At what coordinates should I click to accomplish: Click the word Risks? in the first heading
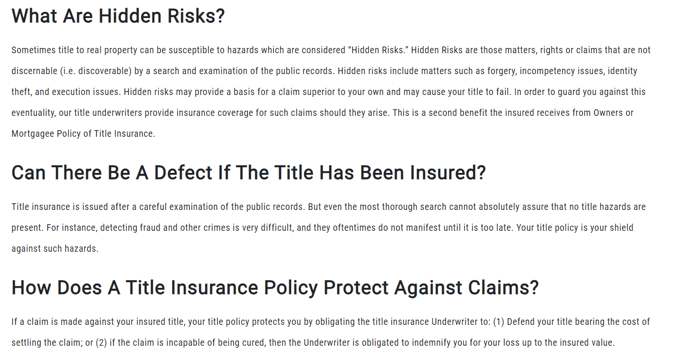click(x=196, y=16)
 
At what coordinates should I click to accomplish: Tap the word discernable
click(x=34, y=71)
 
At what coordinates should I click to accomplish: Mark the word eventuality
click(x=34, y=113)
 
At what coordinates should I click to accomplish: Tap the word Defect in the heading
click(x=183, y=173)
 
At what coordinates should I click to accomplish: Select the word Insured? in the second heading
click(x=448, y=173)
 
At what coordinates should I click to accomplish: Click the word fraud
click(x=150, y=228)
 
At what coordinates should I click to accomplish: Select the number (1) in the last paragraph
click(x=499, y=322)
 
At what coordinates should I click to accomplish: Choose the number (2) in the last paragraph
click(x=102, y=343)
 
